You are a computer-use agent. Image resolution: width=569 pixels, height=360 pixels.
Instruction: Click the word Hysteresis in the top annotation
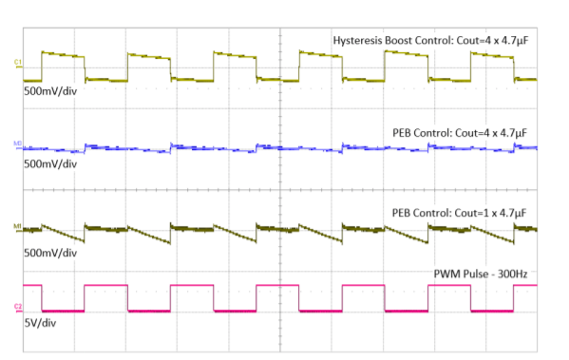click(358, 41)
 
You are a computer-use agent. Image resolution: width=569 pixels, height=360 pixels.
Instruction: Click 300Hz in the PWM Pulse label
click(508, 275)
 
